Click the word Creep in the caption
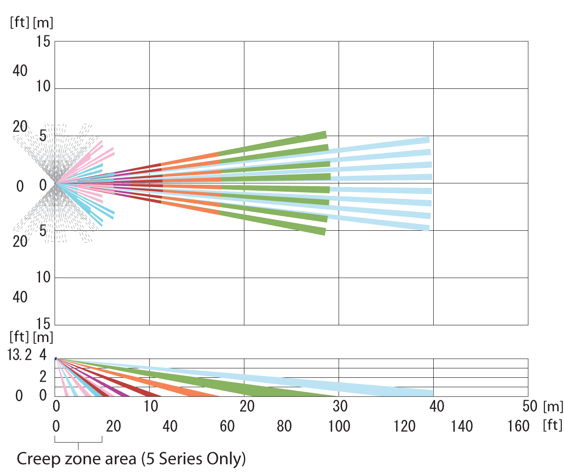point(39,459)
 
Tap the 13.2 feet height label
point(20,355)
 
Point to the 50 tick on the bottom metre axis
point(530,406)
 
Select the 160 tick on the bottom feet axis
point(518,426)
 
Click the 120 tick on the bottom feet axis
point(405,426)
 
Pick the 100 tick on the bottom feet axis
point(338,426)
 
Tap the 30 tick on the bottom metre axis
point(340,406)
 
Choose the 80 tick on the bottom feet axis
point(284,426)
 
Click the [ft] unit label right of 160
point(553,425)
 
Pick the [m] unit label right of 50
point(552,406)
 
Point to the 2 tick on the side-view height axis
point(43,376)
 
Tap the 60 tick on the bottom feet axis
point(227,426)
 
